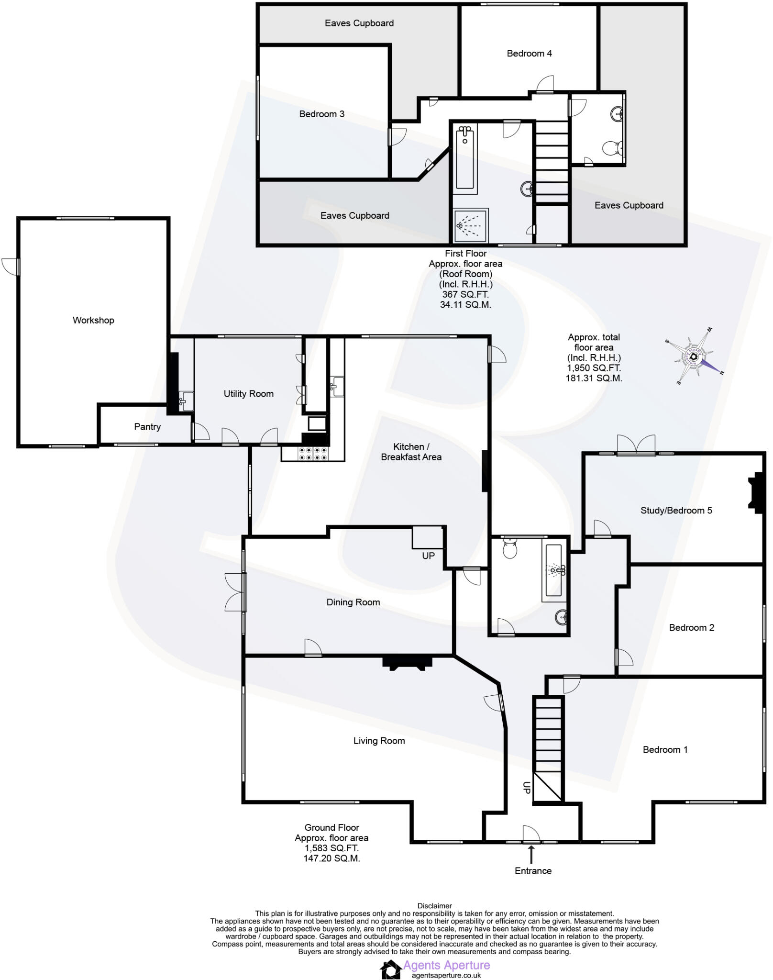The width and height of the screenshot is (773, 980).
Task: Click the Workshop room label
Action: pyautogui.click(x=93, y=320)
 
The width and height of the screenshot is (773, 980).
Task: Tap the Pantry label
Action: pyautogui.click(x=147, y=426)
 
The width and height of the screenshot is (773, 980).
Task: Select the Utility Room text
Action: pyautogui.click(x=248, y=393)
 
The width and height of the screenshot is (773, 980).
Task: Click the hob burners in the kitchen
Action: pyautogui.click(x=312, y=454)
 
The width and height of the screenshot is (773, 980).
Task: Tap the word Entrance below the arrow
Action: pyautogui.click(x=533, y=870)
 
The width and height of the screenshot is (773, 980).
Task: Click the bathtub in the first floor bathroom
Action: pyautogui.click(x=464, y=159)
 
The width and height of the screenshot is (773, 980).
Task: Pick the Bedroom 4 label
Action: pyautogui.click(x=529, y=53)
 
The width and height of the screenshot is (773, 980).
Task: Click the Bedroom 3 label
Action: pyautogui.click(x=321, y=114)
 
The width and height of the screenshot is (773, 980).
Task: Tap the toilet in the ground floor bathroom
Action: pyautogui.click(x=510, y=549)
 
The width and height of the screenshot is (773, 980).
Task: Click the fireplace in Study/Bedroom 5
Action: pyautogui.click(x=757, y=493)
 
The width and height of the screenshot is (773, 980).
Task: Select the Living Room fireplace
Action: pyautogui.click(x=407, y=663)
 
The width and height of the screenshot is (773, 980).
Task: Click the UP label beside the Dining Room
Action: pyautogui.click(x=428, y=556)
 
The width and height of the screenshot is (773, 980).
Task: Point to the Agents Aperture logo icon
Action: pyautogui.click(x=390, y=969)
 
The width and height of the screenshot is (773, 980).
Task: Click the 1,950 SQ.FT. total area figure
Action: pyautogui.click(x=594, y=367)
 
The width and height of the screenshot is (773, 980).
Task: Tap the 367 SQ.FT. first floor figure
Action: pyautogui.click(x=465, y=294)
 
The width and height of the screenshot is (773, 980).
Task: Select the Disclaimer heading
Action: pyautogui.click(x=434, y=905)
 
